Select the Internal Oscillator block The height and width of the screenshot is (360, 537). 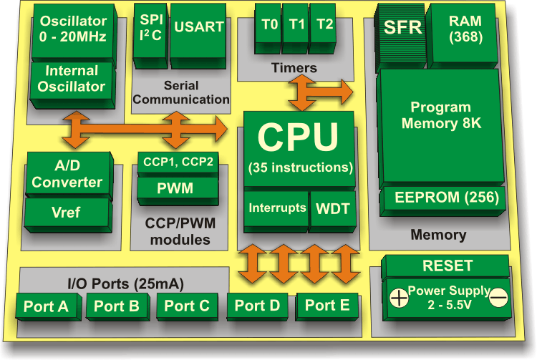pos(72,79)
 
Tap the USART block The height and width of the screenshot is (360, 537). pos(198,29)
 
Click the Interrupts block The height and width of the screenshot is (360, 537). pos(276,210)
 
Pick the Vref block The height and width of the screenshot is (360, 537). pos(67,213)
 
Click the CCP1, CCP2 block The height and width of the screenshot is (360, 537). pos(178,162)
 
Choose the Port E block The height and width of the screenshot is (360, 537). pos(327,306)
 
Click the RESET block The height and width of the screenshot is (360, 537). pos(447,266)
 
